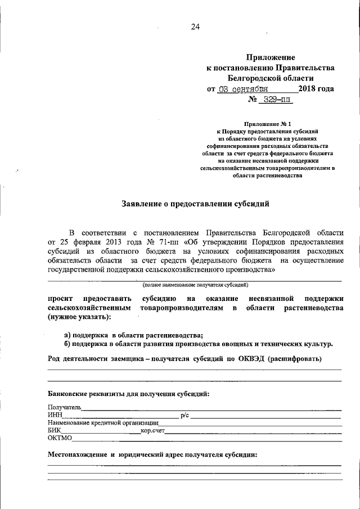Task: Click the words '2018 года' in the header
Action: [x=316, y=89]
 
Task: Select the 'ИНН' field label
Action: [x=55, y=415]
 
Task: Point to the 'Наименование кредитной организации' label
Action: [x=103, y=423]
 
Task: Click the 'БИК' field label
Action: [x=55, y=430]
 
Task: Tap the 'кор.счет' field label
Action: [x=152, y=430]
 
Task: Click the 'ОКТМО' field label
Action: [x=60, y=438]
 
